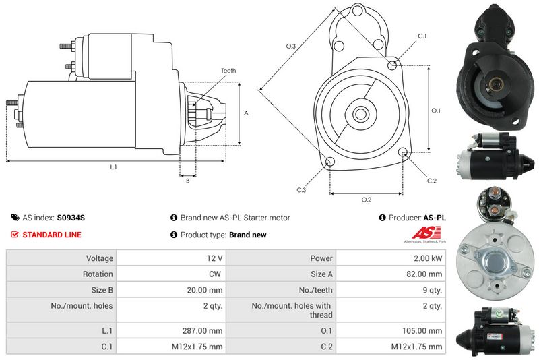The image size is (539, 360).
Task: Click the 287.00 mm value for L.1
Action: [x=202, y=331]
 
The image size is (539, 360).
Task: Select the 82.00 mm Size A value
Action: [x=424, y=274]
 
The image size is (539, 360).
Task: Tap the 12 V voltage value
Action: [x=214, y=258]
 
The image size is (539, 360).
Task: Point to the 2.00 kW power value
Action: [x=428, y=258]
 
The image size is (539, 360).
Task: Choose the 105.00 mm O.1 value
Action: [x=422, y=331]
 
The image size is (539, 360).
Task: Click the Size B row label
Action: [x=102, y=290]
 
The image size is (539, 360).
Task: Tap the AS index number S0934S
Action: [x=71, y=218]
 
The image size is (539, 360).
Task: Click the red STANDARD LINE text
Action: [x=52, y=235]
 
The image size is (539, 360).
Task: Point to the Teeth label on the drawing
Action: [x=228, y=71]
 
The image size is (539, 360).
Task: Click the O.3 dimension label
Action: [x=291, y=46]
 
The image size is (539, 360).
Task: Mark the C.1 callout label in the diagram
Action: [x=422, y=36]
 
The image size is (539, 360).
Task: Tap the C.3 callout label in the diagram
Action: [x=301, y=190]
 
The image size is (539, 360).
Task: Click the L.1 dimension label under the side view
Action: [x=113, y=167]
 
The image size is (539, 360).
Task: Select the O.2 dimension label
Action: [x=367, y=200]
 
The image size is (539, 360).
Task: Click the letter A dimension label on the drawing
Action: [x=246, y=113]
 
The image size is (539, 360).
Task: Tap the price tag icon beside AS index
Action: [x=15, y=218]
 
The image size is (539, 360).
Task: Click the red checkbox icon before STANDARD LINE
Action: [x=15, y=235]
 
